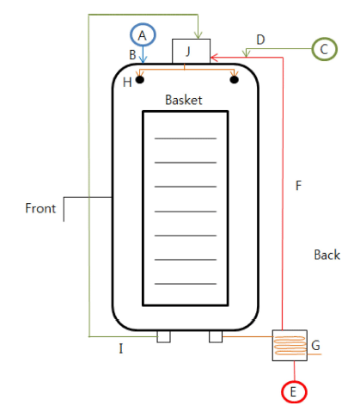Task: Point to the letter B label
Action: (x=132, y=55)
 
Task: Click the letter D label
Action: (x=260, y=40)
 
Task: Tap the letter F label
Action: (x=298, y=186)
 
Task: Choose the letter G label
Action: (x=315, y=345)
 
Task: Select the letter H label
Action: (x=127, y=83)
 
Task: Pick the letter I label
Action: (x=121, y=348)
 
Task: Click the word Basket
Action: (x=184, y=100)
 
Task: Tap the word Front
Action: (x=40, y=208)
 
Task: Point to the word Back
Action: (x=327, y=255)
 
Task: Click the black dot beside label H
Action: (x=140, y=79)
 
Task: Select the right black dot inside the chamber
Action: (x=235, y=79)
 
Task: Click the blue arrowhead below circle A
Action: (x=143, y=59)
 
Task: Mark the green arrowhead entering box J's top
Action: (x=198, y=35)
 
